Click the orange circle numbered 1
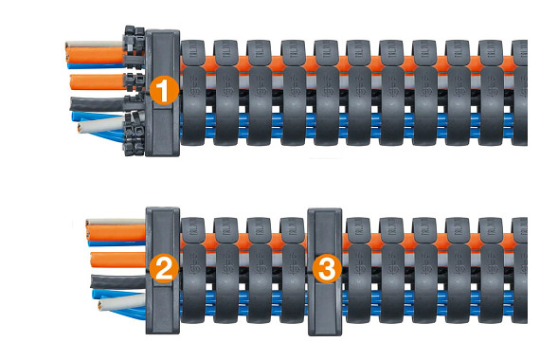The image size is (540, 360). click(164, 91)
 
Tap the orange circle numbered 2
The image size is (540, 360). click(163, 268)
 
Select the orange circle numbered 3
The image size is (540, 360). click(326, 268)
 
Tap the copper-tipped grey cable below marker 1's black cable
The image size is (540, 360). click(95, 125)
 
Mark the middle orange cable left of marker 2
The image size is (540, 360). click(109, 259)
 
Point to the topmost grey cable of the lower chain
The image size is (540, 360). click(109, 222)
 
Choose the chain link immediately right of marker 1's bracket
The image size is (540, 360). click(193, 90)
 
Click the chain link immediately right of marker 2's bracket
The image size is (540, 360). click(193, 270)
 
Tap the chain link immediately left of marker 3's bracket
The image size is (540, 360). click(294, 270)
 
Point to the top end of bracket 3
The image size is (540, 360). click(325, 214)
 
